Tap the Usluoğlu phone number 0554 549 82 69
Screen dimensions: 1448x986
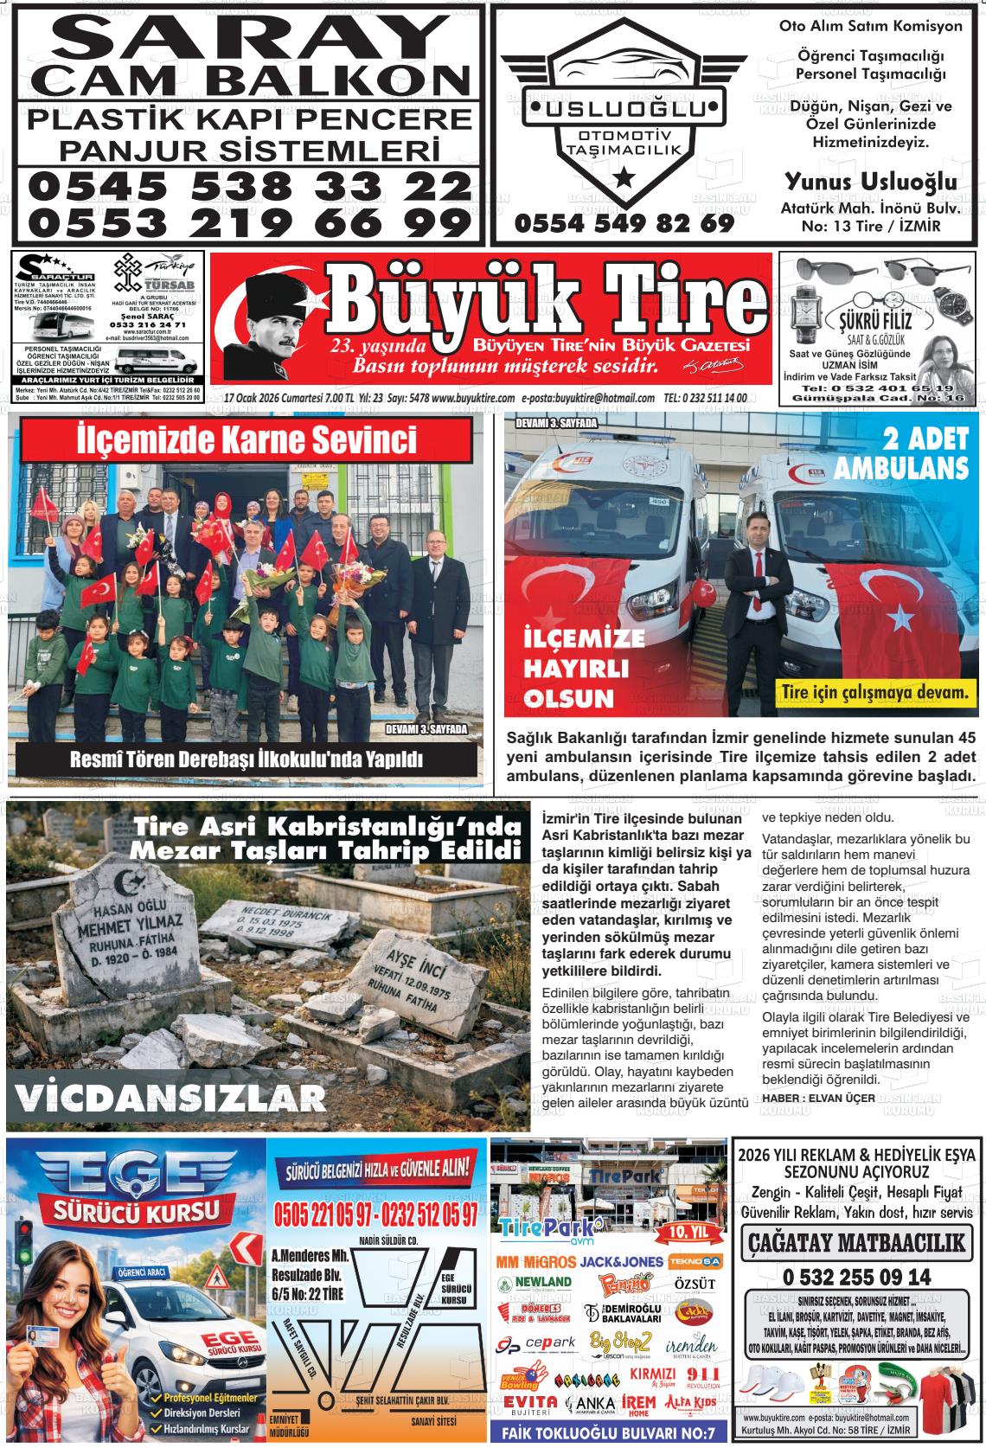(624, 223)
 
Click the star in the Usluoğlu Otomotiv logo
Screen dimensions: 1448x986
(623, 178)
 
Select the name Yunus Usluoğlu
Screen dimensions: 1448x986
(870, 182)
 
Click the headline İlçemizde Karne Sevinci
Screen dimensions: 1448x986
(246, 439)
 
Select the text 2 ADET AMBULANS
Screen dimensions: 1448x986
(900, 453)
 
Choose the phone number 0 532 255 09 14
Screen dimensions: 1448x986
(856, 1277)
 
